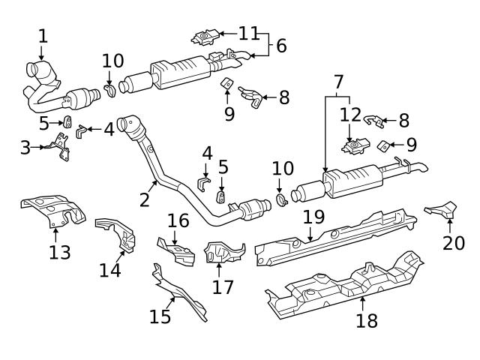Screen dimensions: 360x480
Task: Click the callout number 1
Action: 43,35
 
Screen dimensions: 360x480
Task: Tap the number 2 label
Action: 144,199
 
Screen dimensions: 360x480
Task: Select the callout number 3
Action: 25,147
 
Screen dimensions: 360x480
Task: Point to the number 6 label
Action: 280,45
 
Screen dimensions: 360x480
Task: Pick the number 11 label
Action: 248,33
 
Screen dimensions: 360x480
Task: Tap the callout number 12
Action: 350,115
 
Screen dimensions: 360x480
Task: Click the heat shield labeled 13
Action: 51,211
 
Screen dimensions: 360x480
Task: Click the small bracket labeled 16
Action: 175,251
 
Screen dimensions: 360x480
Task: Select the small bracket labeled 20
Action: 444,211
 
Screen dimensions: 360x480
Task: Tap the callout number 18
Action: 367,321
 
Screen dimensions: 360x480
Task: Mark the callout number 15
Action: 160,316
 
